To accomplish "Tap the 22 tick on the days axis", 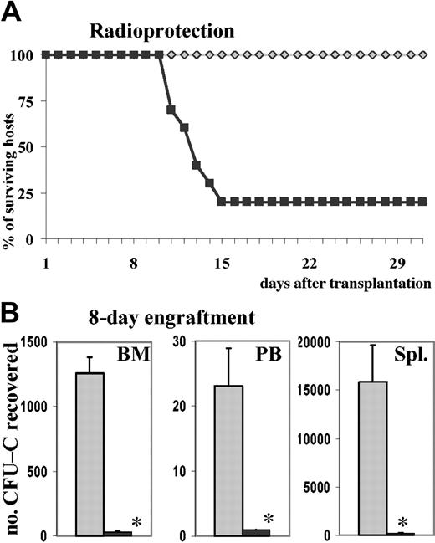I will (308, 262).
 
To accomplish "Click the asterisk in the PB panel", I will (269, 518).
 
